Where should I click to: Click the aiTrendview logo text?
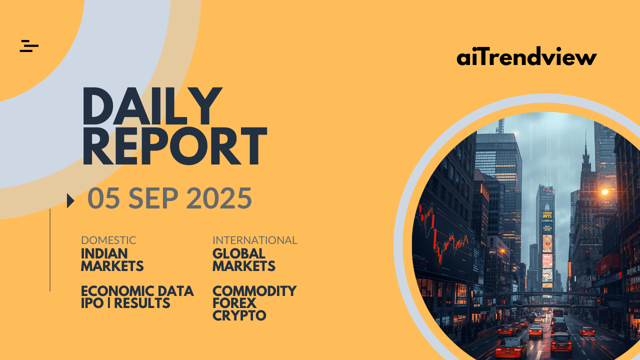[526, 55]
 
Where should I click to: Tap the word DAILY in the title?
[152, 106]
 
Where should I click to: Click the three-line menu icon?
[29, 46]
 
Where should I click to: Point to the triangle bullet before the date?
[70, 201]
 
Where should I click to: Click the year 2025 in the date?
[220, 198]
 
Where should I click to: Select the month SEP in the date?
[153, 198]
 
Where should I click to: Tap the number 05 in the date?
[103, 198]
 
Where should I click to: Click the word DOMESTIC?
[108, 240]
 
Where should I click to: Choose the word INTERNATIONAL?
[255, 240]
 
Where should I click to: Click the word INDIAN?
[104, 253]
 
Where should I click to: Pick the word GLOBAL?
[239, 253]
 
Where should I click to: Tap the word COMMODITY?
[254, 291]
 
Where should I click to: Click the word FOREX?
[234, 303]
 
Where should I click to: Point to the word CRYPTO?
[239, 315]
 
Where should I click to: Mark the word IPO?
[92, 303]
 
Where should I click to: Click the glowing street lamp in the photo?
[604, 192]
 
